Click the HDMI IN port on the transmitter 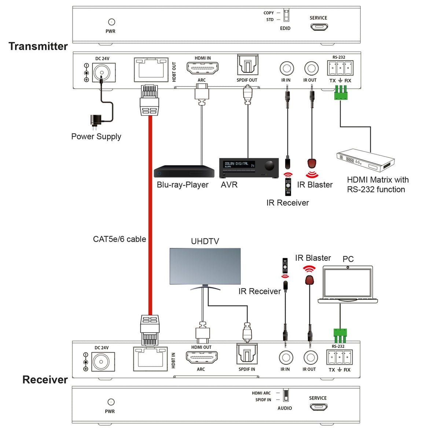pos(202,68)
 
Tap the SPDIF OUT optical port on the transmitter pos(247,65)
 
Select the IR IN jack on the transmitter pos(287,68)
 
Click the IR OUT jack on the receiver pos(310,357)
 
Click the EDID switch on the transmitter pos(286,16)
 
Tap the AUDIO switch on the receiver pos(286,396)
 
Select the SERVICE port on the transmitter pos(319,26)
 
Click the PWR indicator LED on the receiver pos(111,402)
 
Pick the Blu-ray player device pos(184,172)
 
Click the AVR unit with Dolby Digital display pos(249,168)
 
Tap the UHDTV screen pos(205,266)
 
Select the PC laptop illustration pos(347,284)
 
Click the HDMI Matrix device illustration pos(365,160)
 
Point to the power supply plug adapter pos(96,121)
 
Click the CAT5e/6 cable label pos(119,239)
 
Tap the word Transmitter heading pos(38,47)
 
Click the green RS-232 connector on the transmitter pos(341,95)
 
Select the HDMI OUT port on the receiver pos(202,357)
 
